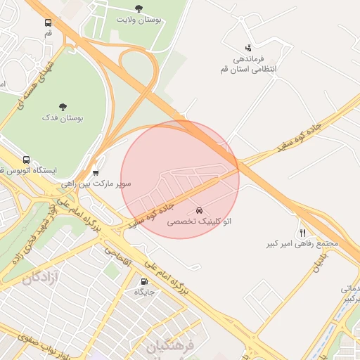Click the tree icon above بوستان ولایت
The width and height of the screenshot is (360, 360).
pyautogui.click(x=138, y=9)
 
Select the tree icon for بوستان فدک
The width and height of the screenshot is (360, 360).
pyautogui.click(x=63, y=108)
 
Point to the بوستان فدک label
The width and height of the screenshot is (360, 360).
pyautogui.click(x=63, y=119)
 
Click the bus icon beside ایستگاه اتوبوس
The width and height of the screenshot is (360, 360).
pyautogui.click(x=27, y=160)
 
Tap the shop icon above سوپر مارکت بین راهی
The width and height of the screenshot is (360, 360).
pyautogui.click(x=96, y=172)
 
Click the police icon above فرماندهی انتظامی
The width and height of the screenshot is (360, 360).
pyautogui.click(x=247, y=48)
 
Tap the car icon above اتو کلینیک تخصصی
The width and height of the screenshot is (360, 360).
pyautogui.click(x=200, y=210)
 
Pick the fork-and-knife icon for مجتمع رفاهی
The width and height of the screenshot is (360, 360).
pyautogui.click(x=302, y=233)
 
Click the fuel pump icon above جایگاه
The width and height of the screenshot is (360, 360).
pyautogui.click(x=144, y=281)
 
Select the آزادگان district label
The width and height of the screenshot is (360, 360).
pyautogui.click(x=40, y=277)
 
